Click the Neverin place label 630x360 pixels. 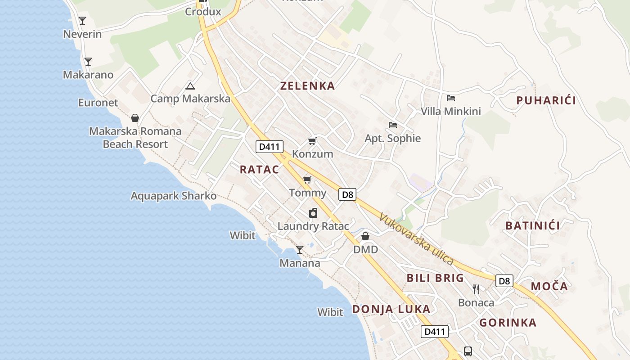[x=82, y=34]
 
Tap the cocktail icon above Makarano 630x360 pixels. [x=88, y=61]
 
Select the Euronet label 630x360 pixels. [x=98, y=103]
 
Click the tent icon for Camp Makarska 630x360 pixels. [x=190, y=86]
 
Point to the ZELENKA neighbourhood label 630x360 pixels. [x=308, y=86]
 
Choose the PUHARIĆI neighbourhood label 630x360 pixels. [x=546, y=100]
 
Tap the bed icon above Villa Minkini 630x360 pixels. [x=451, y=98]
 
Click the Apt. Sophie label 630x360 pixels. [x=393, y=138]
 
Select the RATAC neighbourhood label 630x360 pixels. [x=259, y=170]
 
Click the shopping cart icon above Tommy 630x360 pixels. [x=307, y=180]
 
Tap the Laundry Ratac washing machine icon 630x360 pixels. [x=313, y=213]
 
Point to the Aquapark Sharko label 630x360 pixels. [x=174, y=196]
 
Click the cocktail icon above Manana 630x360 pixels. [x=300, y=249]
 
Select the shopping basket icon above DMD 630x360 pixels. [x=365, y=236]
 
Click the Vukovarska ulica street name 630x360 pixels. [x=416, y=238]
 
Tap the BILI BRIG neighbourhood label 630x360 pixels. [x=435, y=278]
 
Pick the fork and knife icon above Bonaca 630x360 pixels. [x=476, y=289]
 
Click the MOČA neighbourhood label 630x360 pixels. [x=549, y=286]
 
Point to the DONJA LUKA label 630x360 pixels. [x=391, y=309]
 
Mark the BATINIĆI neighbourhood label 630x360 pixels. [x=533, y=225]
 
